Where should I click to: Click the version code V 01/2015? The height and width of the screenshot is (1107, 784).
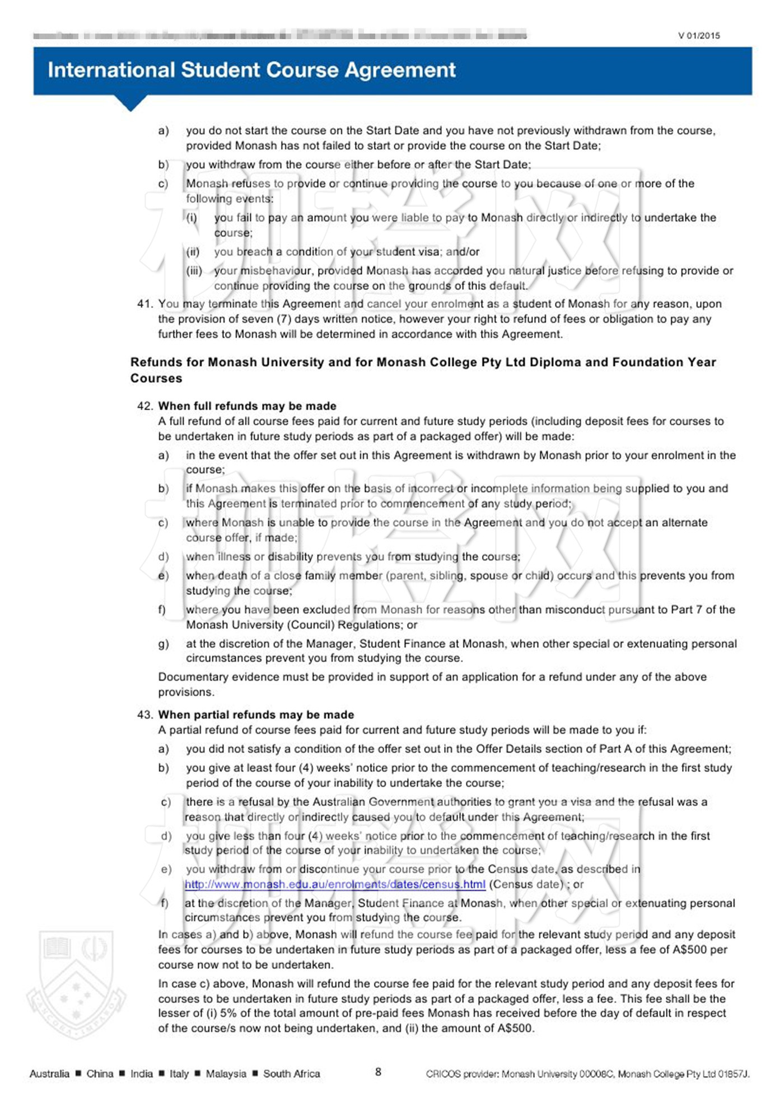tap(699, 36)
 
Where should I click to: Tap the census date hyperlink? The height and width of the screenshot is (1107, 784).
tap(335, 884)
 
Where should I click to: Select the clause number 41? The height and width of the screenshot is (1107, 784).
tap(144, 304)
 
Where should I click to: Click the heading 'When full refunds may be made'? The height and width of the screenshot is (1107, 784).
tap(247, 406)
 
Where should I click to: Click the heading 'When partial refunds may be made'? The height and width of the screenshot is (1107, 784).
tap(256, 715)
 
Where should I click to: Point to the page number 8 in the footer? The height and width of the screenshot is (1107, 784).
tap(379, 1072)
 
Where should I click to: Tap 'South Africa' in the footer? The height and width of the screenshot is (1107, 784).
tap(291, 1073)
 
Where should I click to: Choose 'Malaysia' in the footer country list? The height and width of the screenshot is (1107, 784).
tap(226, 1073)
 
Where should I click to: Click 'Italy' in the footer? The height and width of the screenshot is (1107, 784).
tap(179, 1073)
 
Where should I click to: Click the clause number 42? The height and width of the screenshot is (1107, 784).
tap(144, 406)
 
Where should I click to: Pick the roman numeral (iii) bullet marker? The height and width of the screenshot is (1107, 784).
tap(194, 271)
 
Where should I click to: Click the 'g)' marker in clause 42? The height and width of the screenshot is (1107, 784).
tap(163, 644)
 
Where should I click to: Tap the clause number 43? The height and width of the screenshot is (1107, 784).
tap(144, 715)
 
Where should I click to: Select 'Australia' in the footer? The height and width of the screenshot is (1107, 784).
tap(49, 1073)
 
